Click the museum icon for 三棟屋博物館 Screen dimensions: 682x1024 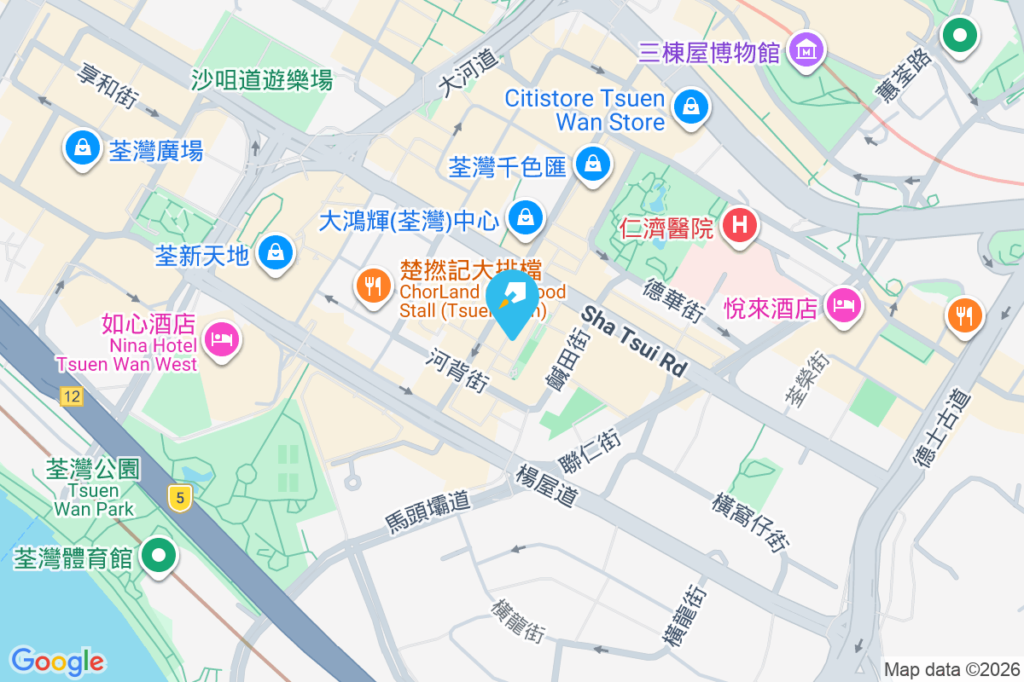806,49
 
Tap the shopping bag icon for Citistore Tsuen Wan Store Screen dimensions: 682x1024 689,107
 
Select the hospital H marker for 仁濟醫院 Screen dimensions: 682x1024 739,226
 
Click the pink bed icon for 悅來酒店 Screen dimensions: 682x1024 844,303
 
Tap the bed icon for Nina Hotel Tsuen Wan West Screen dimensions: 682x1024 222,339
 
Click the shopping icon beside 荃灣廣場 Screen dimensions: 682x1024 82,148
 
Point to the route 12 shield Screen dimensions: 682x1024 71,396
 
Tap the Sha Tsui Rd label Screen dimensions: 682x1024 634,342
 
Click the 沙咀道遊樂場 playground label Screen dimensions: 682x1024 260,81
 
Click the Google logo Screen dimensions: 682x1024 58,661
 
